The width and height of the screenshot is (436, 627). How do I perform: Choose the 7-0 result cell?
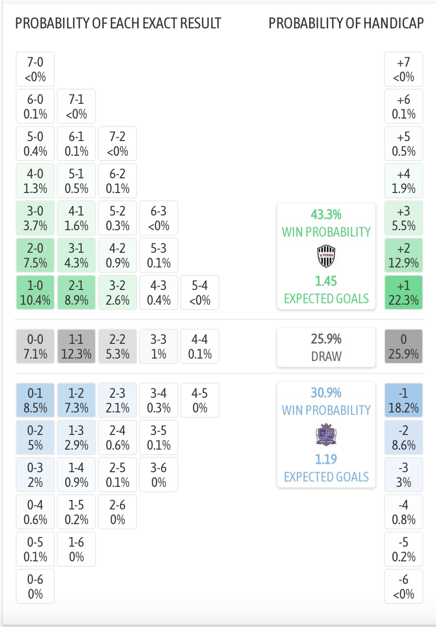point(35,70)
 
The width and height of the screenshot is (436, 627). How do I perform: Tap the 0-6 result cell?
point(35,586)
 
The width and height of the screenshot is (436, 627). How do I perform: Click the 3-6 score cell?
point(159,475)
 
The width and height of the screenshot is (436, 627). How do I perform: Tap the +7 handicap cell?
point(404,70)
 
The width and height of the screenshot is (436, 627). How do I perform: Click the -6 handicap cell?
point(404,586)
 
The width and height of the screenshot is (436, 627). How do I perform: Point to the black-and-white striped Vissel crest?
point(326,256)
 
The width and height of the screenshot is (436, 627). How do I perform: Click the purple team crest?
point(326,434)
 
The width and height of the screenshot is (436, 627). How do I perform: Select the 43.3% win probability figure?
point(326,215)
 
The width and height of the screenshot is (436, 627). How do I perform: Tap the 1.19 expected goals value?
point(326,459)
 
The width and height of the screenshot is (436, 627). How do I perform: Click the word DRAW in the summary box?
point(326,356)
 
